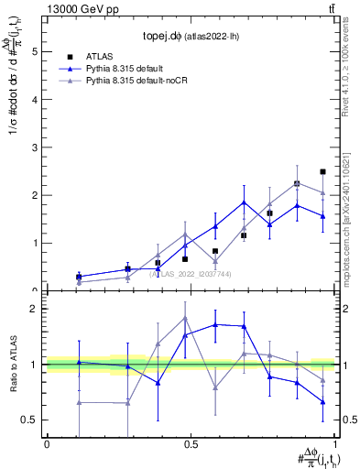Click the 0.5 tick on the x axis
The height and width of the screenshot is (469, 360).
coord(191,444)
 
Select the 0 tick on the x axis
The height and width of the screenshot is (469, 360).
coord(47,444)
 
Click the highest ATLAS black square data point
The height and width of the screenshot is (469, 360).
coord(322,172)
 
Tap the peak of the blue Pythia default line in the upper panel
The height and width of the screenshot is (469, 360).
coord(244,202)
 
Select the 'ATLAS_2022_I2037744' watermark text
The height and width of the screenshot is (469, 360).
coord(191,273)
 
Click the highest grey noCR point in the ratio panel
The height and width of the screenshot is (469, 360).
coord(186,318)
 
